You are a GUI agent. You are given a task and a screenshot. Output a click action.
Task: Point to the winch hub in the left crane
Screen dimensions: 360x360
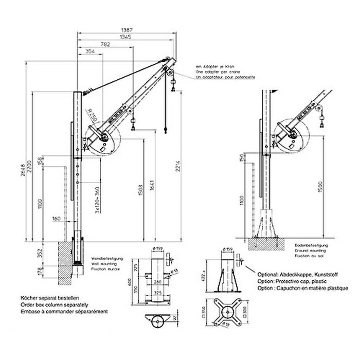coord(104,139)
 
